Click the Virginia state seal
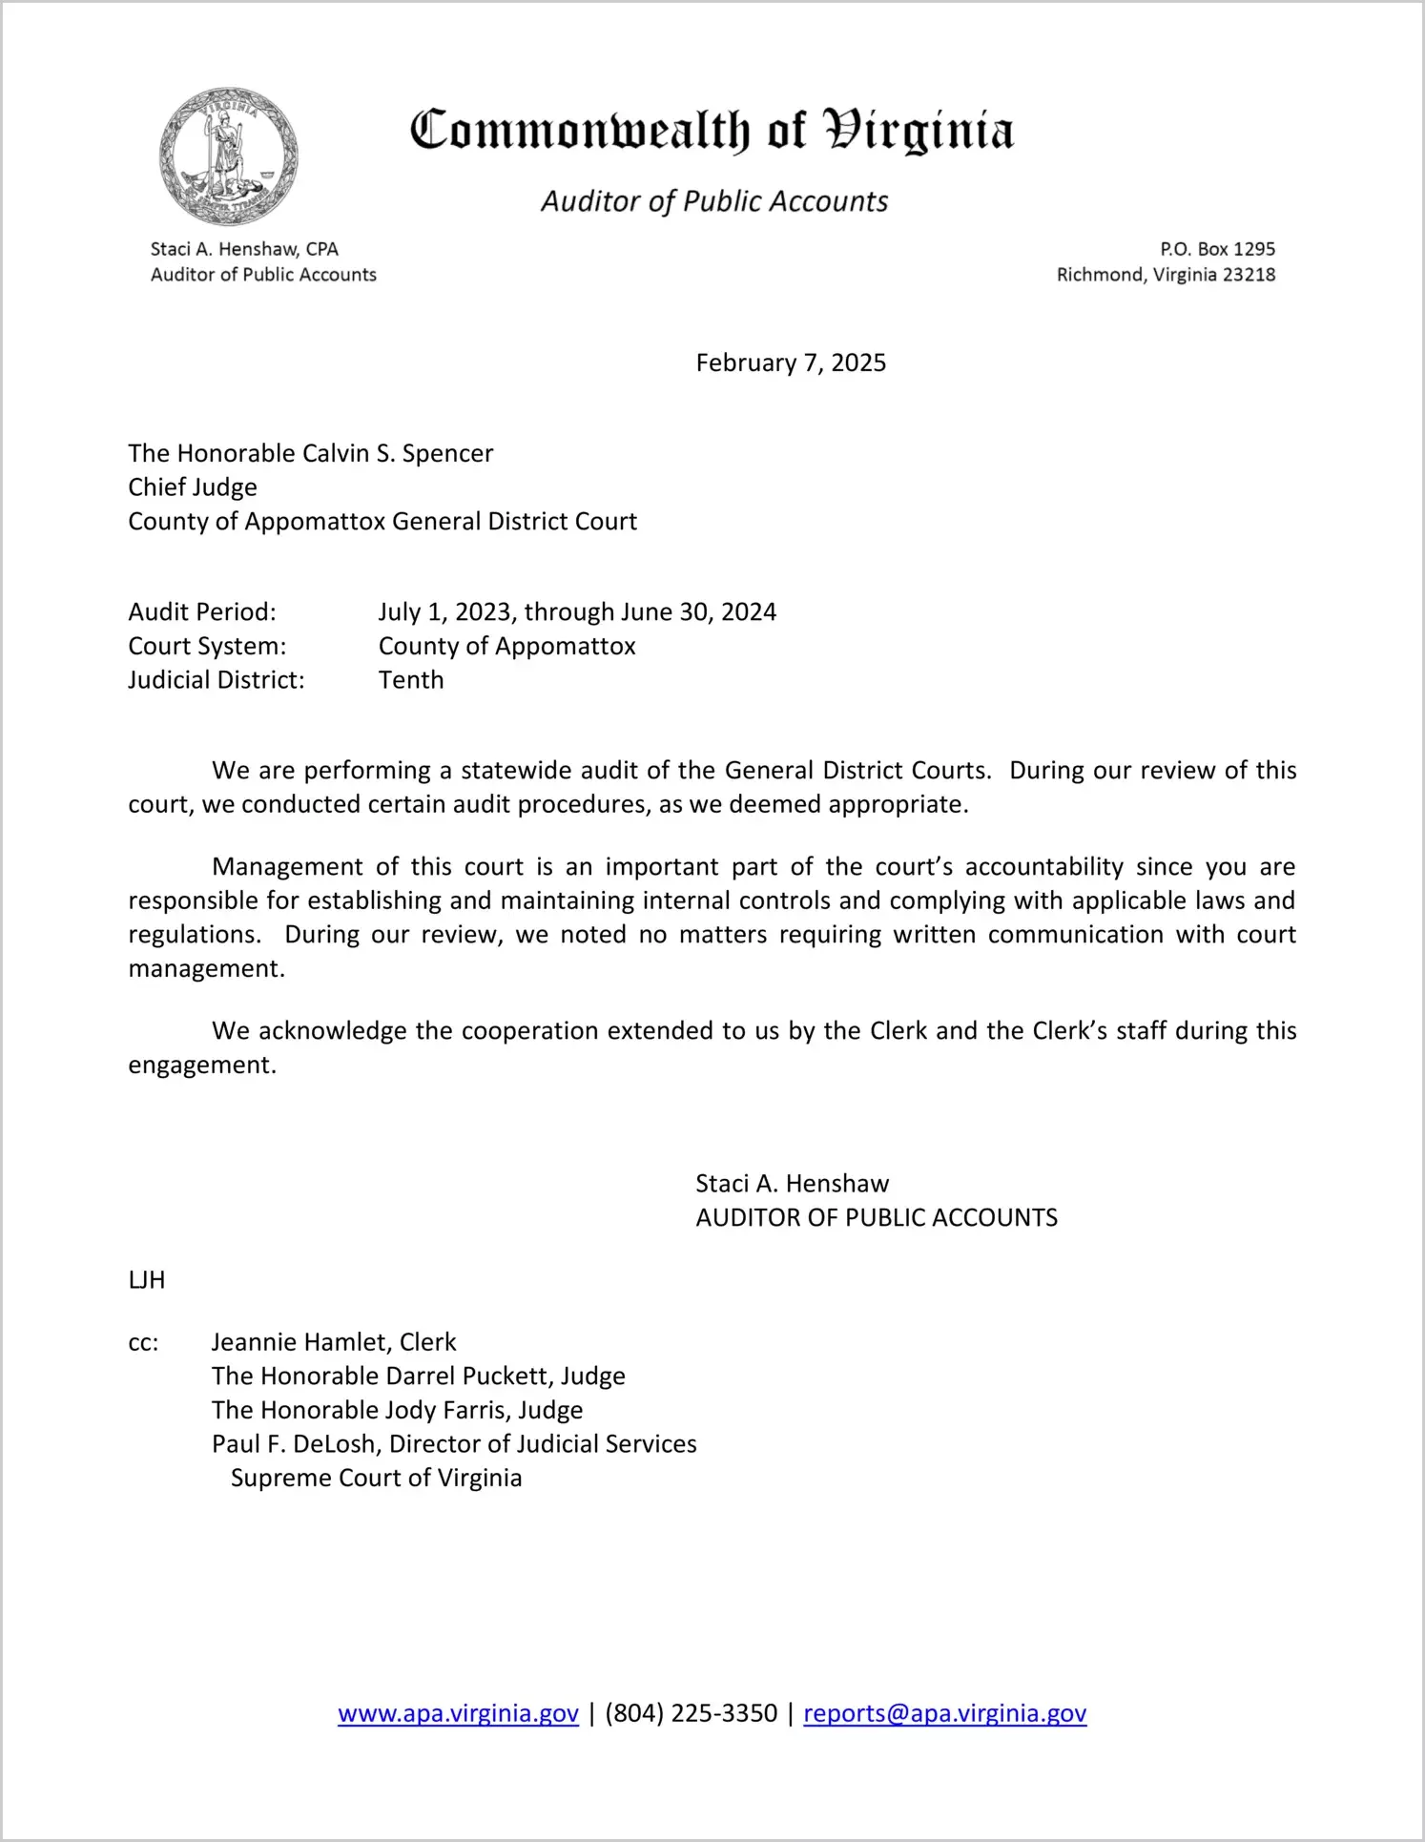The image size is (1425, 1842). (x=228, y=156)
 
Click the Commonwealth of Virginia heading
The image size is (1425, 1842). (x=712, y=131)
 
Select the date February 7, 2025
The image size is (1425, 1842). (x=791, y=362)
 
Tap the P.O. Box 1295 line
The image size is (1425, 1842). (x=1217, y=249)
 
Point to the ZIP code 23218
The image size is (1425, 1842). (x=1249, y=275)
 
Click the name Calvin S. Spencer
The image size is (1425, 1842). (x=398, y=453)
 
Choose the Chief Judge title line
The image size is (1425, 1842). (x=193, y=487)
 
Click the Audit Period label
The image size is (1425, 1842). (x=202, y=611)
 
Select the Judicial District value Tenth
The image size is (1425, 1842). (x=411, y=680)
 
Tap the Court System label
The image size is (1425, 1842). (x=207, y=646)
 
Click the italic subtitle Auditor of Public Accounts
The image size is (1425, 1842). (x=714, y=201)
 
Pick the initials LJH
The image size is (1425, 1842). (x=147, y=1280)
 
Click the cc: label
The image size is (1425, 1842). (x=143, y=1342)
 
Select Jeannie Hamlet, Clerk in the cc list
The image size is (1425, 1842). (x=334, y=1342)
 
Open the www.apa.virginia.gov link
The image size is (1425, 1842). (x=458, y=1713)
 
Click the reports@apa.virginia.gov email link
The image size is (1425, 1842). (x=944, y=1713)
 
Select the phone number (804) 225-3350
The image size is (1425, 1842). (x=691, y=1713)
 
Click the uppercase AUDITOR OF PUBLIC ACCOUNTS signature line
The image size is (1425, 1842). (x=877, y=1218)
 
